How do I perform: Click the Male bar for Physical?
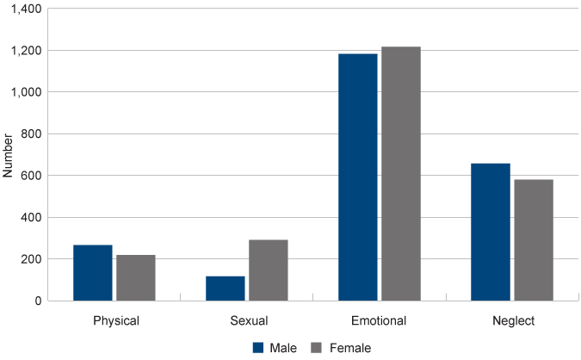point(93,273)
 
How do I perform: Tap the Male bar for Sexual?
point(226,289)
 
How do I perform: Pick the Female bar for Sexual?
point(269,270)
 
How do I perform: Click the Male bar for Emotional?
point(358,177)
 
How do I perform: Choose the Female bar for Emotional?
point(401,174)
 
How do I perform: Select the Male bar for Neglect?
point(491,232)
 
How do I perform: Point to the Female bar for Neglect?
point(534,240)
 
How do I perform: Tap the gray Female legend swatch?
point(316,347)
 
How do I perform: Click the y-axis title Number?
point(9,155)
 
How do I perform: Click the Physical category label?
point(115,320)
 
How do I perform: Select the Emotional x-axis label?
point(380,320)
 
